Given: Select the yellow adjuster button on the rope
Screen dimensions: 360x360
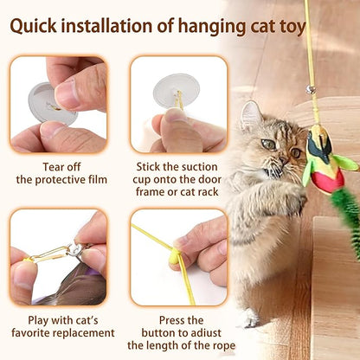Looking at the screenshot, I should click(x=174, y=257).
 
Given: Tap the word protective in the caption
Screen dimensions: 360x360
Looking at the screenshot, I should click(x=59, y=180).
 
